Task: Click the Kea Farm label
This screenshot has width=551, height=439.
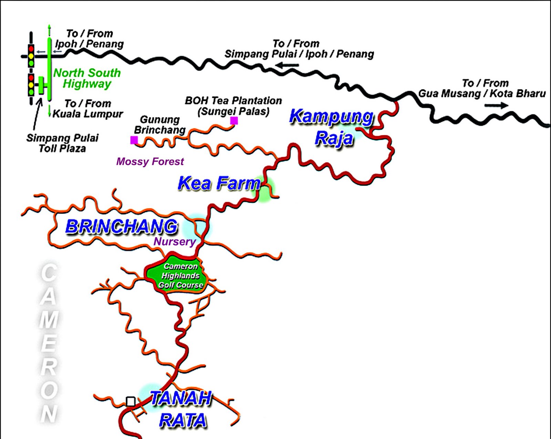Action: coord(219,184)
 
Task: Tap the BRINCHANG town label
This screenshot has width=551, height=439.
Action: coord(121,227)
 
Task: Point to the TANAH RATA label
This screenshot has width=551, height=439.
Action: coord(182,409)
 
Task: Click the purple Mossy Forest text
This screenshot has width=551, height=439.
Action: coord(150,161)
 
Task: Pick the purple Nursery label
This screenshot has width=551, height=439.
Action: coord(175,242)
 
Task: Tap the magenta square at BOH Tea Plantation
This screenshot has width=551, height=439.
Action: coord(234,121)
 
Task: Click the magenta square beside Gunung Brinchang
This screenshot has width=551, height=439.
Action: coord(134,140)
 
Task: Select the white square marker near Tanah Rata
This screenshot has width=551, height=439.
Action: coord(131,401)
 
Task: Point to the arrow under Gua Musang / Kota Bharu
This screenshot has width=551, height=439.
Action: coord(496,105)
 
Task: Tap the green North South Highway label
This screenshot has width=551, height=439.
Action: coord(87,78)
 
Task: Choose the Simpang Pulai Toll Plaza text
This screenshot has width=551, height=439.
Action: coord(62,143)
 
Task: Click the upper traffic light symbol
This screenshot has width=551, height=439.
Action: coord(31,55)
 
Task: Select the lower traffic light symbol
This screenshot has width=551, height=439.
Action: coord(31,85)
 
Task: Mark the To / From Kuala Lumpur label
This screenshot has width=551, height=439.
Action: coord(88,108)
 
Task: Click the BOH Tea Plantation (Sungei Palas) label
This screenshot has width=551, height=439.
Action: coord(233,106)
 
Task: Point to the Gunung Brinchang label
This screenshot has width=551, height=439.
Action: coord(160,125)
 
